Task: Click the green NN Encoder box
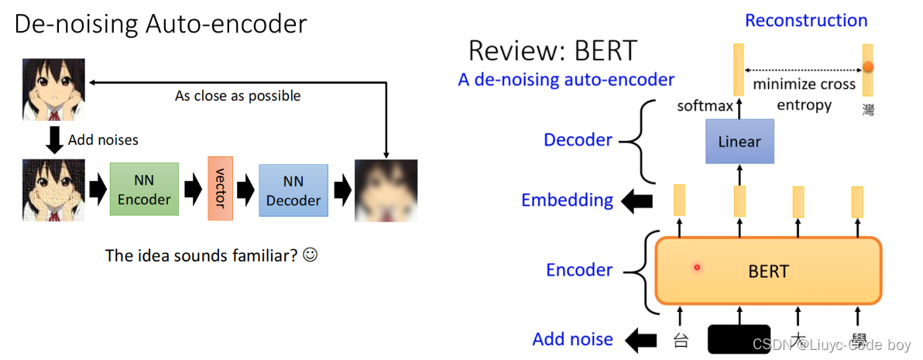click(144, 190)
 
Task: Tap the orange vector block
click(220, 189)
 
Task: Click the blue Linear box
click(739, 142)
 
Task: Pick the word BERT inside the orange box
click(768, 271)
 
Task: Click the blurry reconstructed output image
click(386, 190)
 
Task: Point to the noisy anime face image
click(43, 190)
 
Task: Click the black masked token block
click(739, 339)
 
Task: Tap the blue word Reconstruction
click(806, 21)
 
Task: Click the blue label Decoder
click(578, 140)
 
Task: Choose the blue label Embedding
click(567, 200)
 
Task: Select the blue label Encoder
click(579, 270)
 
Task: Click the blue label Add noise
click(572, 339)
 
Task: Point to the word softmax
click(705, 105)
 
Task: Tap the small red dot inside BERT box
click(697, 268)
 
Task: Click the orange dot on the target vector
click(868, 68)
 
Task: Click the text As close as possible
click(238, 96)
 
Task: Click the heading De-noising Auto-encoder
click(161, 25)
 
